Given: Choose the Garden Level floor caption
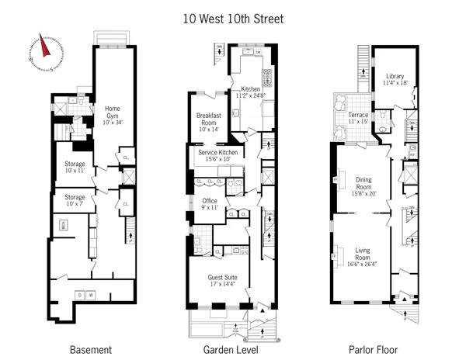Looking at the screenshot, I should (232, 350).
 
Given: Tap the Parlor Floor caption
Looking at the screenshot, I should (375, 350).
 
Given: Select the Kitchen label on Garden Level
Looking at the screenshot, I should (252, 91).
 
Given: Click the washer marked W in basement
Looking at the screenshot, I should (91, 296).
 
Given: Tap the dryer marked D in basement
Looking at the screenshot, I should (79, 296).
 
